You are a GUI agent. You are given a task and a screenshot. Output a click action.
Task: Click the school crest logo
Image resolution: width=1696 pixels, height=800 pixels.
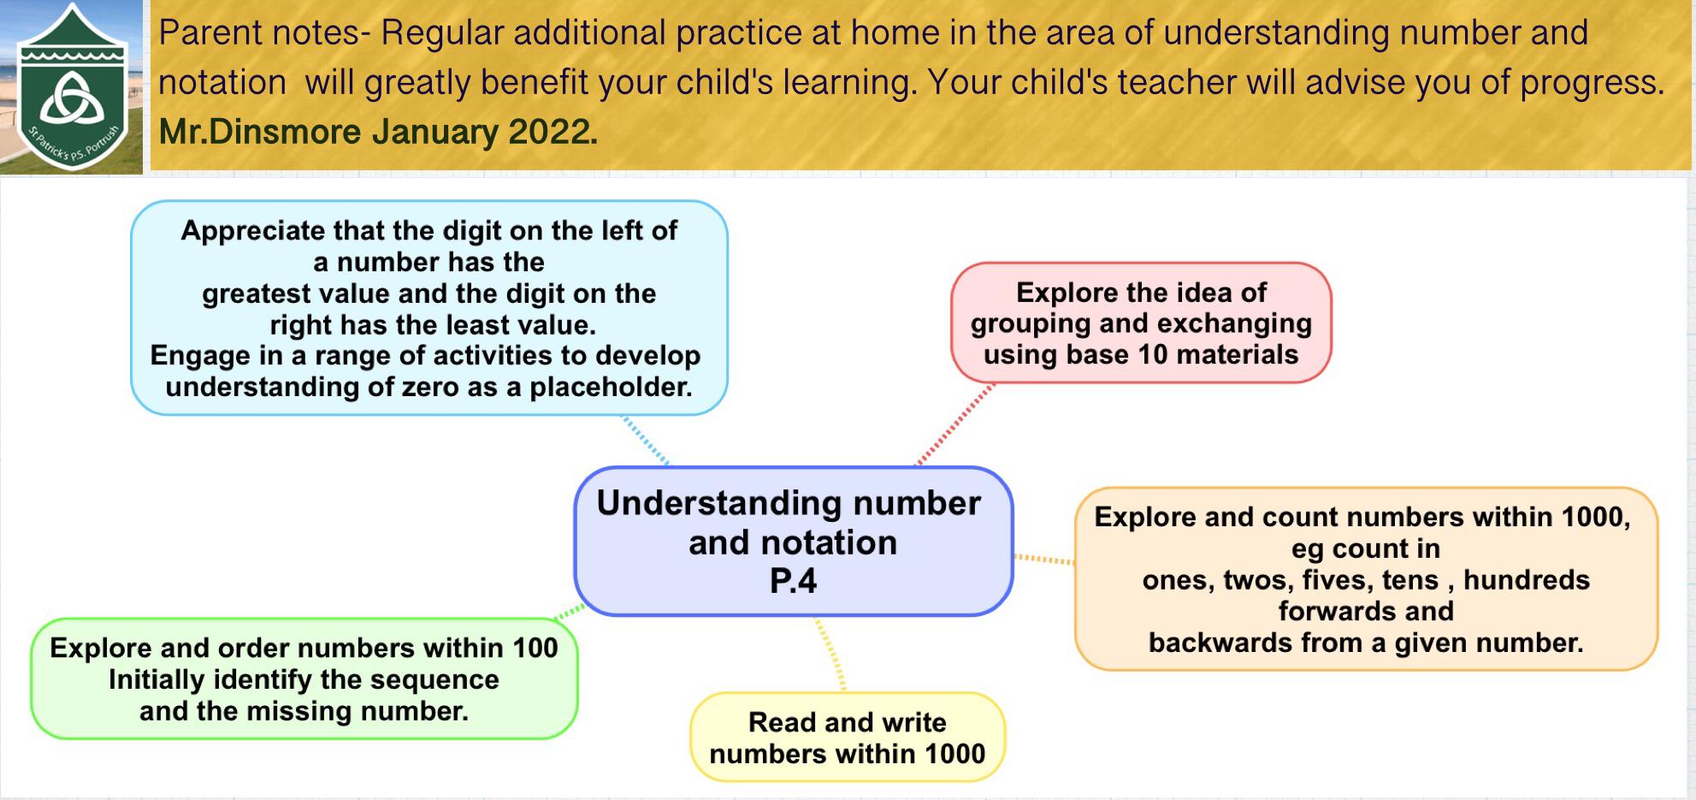coord(73,87)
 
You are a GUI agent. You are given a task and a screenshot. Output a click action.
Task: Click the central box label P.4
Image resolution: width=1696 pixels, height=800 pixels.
coord(793,582)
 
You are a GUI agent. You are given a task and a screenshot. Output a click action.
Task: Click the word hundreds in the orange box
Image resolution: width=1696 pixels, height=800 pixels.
coord(1527,580)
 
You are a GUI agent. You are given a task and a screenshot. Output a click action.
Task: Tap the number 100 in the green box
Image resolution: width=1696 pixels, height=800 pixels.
coord(535,648)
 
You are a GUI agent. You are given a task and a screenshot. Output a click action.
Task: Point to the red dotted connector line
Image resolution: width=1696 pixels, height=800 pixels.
coord(955,424)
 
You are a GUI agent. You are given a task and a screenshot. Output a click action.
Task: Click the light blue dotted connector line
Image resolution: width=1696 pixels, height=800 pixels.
coord(646,441)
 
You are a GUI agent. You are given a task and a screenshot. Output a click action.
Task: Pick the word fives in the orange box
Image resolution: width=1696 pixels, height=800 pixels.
coord(1336,580)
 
